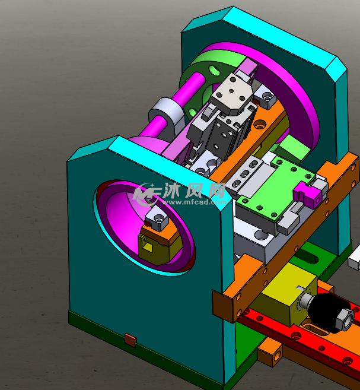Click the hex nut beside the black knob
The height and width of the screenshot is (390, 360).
tap(345, 319)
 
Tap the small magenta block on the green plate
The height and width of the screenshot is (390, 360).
tap(307, 195)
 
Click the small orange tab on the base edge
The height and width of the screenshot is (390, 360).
tap(130, 340)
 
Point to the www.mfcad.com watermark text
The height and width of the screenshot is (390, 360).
tap(195, 202)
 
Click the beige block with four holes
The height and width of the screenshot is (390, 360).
tap(231, 94)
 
